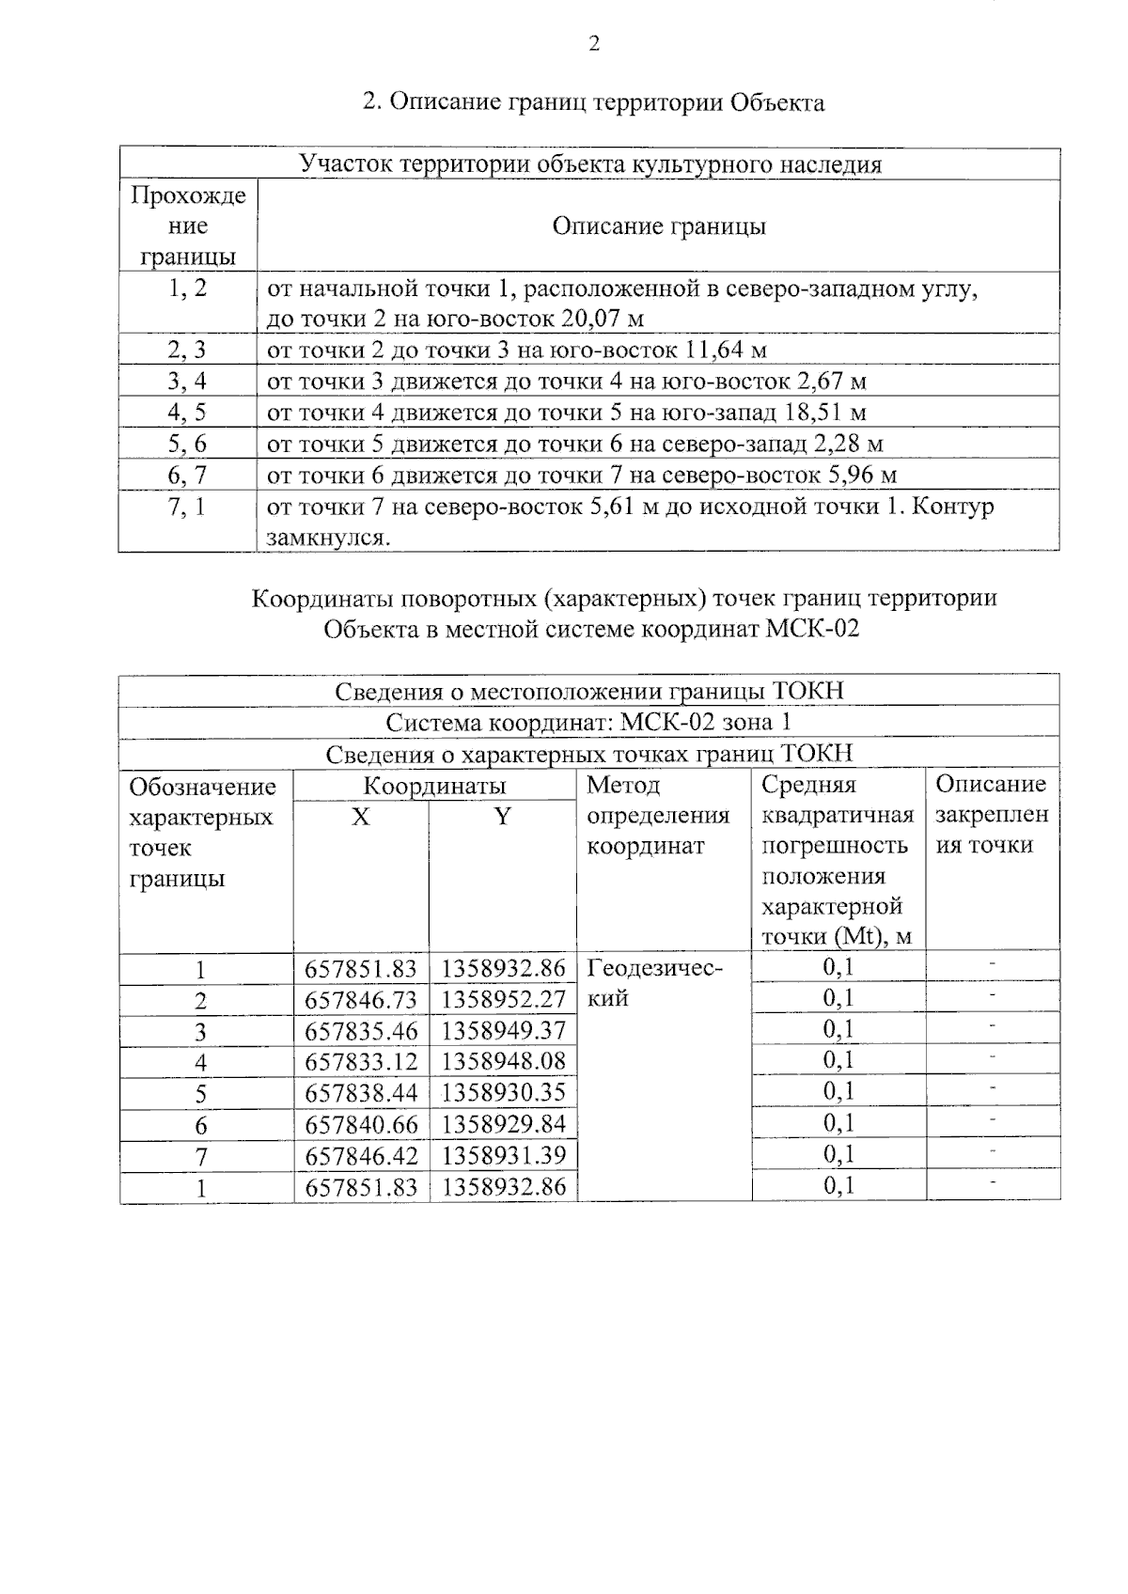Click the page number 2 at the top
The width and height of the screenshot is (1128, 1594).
click(x=593, y=44)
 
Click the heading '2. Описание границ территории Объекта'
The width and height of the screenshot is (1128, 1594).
click(x=593, y=102)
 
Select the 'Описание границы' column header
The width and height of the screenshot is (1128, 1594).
click(x=658, y=227)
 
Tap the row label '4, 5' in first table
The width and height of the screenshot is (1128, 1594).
click(x=187, y=413)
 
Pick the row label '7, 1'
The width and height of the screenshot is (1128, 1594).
click(x=187, y=508)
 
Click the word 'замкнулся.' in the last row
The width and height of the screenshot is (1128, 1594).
click(x=328, y=539)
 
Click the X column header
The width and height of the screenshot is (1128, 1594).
click(x=361, y=817)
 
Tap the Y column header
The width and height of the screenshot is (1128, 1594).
click(x=503, y=817)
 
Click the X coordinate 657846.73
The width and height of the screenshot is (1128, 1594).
click(x=361, y=999)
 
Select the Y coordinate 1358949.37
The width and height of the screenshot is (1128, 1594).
click(x=503, y=1030)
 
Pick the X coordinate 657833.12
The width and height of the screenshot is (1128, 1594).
click(x=361, y=1062)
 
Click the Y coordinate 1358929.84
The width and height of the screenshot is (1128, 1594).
click(x=503, y=1124)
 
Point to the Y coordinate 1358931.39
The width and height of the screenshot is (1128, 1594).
click(x=503, y=1155)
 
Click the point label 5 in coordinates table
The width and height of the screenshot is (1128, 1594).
click(x=200, y=1094)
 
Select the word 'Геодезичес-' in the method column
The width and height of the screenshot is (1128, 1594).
click(x=655, y=968)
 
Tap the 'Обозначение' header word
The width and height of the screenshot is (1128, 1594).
click(x=202, y=787)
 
